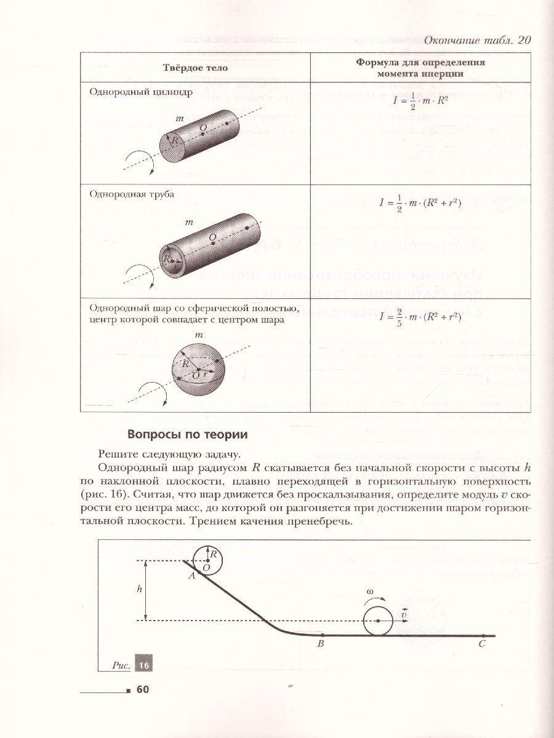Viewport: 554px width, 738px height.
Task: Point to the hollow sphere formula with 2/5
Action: point(420,317)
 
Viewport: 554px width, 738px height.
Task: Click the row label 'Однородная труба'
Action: point(132,194)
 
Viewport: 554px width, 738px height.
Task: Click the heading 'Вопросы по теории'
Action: point(187,435)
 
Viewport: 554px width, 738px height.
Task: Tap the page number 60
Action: point(143,689)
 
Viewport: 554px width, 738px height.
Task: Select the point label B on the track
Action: point(320,644)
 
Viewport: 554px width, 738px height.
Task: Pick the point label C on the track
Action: point(482,644)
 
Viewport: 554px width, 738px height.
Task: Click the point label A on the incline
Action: point(191,576)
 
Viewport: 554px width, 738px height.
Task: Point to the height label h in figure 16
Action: point(140,589)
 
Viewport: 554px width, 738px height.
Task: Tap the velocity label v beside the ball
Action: point(403,614)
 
